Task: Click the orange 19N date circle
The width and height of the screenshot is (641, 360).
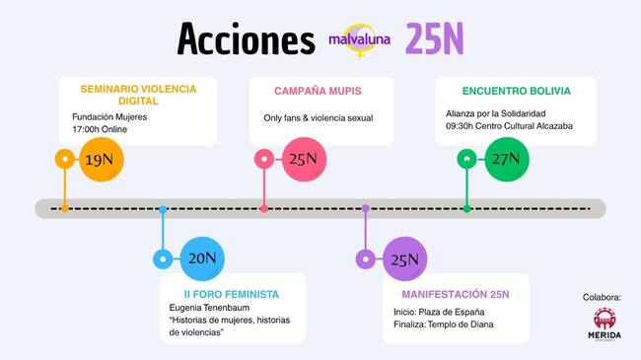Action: click(x=101, y=159)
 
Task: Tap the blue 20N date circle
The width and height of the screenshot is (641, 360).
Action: click(x=202, y=259)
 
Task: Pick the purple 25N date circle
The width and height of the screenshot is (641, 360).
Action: click(x=404, y=260)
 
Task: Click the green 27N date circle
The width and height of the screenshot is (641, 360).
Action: click(x=507, y=159)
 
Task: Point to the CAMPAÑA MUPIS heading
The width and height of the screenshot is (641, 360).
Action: click(x=320, y=92)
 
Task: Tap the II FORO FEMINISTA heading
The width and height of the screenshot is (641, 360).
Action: click(x=232, y=294)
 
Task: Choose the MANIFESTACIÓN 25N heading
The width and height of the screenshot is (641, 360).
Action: click(x=455, y=294)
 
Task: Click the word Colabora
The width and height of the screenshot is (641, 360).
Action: click(x=603, y=296)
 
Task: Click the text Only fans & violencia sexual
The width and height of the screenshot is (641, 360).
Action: click(x=318, y=118)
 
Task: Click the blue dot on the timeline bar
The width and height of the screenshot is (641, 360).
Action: click(x=163, y=209)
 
